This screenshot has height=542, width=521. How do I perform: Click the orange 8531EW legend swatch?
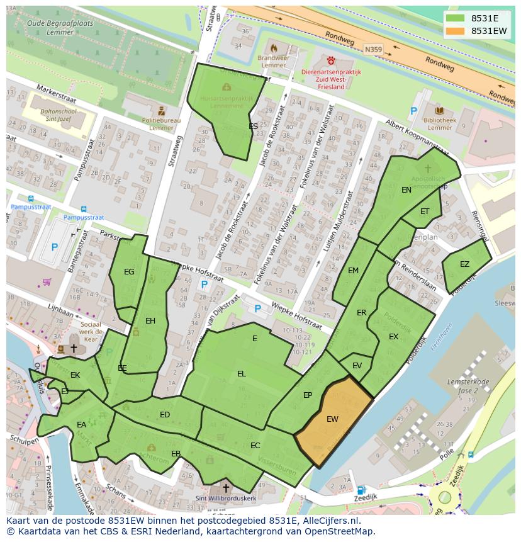[x=456, y=31]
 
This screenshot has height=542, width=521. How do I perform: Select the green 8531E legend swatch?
[x=456, y=18]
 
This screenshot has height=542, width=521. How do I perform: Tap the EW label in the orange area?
[x=332, y=419]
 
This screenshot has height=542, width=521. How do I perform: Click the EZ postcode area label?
[x=464, y=264]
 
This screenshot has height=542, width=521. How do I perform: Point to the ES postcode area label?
[x=253, y=127]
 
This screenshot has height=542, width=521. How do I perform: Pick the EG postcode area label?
[x=129, y=272]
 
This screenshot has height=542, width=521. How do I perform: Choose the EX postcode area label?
[x=393, y=337]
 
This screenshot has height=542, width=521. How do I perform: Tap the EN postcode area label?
[x=406, y=189]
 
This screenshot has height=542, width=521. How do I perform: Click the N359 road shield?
[x=373, y=47]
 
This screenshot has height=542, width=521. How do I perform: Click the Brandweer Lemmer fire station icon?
[x=274, y=48]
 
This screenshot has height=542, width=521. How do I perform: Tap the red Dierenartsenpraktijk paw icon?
[x=331, y=60]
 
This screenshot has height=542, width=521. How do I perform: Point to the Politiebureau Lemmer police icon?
[x=162, y=111]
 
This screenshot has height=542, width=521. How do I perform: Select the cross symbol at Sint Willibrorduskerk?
[x=226, y=488]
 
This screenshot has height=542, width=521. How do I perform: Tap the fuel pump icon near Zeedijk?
[x=361, y=490]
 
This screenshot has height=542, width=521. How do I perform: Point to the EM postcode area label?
[x=353, y=271]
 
